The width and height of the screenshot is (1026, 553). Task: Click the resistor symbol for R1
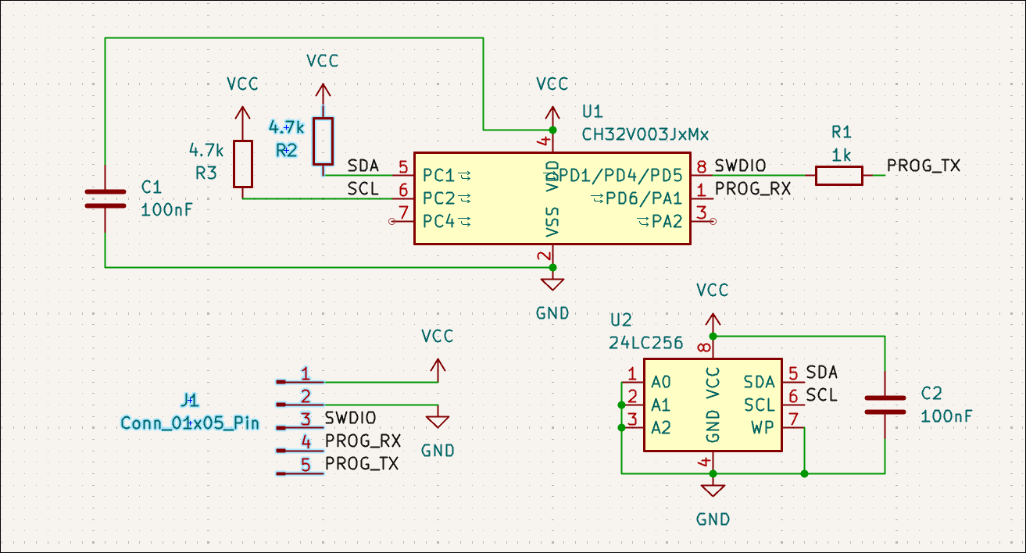coord(838,176)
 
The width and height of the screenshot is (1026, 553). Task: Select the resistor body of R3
coord(243,164)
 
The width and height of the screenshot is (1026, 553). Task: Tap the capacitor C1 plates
coord(105,198)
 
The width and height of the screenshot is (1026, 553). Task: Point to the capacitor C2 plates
coord(885,405)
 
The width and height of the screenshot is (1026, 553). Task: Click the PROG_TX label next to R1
coord(923,166)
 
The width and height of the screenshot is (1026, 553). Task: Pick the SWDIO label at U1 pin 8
coord(740,166)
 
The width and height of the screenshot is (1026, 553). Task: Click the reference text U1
coord(592,110)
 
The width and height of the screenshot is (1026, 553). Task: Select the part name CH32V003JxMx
coord(645,134)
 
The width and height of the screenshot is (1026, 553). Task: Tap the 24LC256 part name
coord(646,343)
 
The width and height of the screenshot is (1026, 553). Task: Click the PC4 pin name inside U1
coord(438,222)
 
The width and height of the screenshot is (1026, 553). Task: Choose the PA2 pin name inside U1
coord(667,222)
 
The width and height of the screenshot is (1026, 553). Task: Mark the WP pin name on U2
coord(762,427)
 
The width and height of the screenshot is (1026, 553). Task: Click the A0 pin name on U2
coord(661,382)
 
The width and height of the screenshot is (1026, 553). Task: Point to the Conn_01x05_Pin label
coord(189,423)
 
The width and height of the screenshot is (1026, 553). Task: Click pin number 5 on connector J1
coord(306,465)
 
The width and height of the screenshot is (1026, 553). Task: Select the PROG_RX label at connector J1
coord(362,442)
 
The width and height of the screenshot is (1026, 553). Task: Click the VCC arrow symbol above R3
coord(243,113)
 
